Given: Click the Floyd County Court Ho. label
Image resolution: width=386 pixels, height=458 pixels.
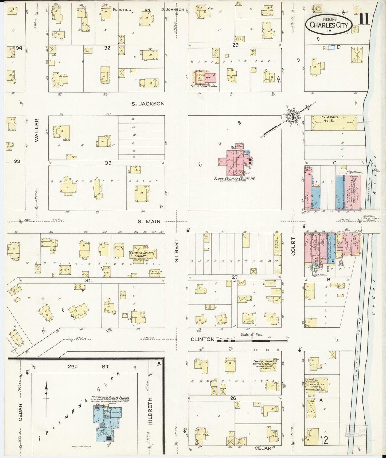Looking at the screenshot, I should [234, 178].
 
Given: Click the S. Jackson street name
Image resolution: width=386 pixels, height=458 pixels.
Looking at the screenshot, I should [148, 104].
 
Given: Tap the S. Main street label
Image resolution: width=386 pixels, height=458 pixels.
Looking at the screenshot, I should [149, 221].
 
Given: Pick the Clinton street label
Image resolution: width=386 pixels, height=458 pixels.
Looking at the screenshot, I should [202, 339].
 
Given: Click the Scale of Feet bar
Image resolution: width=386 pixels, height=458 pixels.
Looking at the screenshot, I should [252, 341].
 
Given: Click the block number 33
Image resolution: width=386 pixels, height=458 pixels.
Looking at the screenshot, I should [108, 162].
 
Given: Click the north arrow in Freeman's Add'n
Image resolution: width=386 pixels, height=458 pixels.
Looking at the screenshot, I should [46, 393].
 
